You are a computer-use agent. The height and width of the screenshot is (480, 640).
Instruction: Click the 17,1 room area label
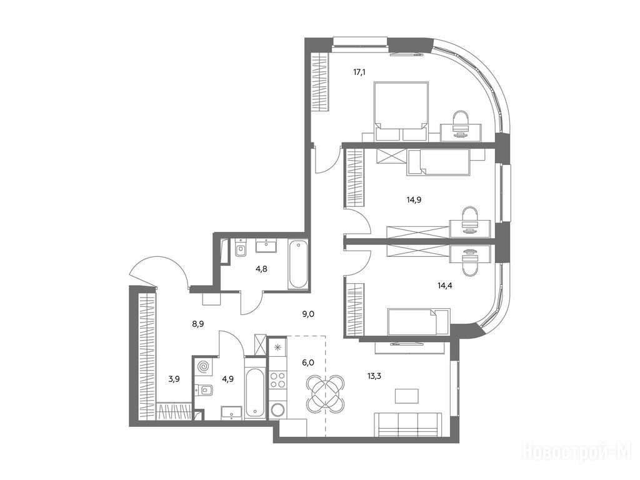point(359,72)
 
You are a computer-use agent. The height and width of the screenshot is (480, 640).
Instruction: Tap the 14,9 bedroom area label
point(414,199)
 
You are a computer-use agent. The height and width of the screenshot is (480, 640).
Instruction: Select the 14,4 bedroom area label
point(444,286)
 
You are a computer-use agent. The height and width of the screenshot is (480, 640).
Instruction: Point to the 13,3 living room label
point(374,376)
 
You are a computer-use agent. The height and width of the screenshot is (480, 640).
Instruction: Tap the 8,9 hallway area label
point(198,324)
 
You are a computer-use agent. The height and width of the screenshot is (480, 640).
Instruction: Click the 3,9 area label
point(174,379)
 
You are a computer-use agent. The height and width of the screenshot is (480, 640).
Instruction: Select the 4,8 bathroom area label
point(261,269)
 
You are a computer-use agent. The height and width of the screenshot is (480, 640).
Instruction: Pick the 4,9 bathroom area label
point(228,379)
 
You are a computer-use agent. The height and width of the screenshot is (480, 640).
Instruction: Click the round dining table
point(325,393)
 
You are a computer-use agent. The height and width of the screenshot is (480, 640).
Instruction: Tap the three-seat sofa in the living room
point(407,425)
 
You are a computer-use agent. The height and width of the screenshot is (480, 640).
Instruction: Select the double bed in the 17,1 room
point(401,111)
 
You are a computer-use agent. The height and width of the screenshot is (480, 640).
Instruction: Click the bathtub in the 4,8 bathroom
point(298,264)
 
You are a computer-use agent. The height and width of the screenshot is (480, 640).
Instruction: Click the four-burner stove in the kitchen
point(277,379)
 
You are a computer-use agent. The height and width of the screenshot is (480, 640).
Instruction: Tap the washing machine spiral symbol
point(203,366)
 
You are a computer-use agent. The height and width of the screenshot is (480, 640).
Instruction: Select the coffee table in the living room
point(406,396)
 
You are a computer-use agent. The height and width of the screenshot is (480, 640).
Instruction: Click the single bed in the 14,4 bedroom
point(418,322)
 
